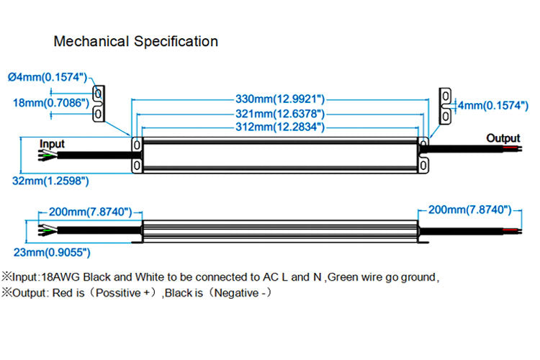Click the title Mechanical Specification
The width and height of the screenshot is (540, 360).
click(x=135, y=41)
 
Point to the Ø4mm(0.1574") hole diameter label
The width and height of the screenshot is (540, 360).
click(x=47, y=76)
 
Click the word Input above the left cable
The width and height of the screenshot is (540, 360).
click(x=51, y=144)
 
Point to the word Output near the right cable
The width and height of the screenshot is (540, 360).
click(x=503, y=138)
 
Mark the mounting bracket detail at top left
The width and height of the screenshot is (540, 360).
click(x=99, y=104)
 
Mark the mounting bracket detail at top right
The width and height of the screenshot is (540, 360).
click(x=446, y=105)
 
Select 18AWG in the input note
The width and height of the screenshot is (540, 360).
click(x=63, y=276)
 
